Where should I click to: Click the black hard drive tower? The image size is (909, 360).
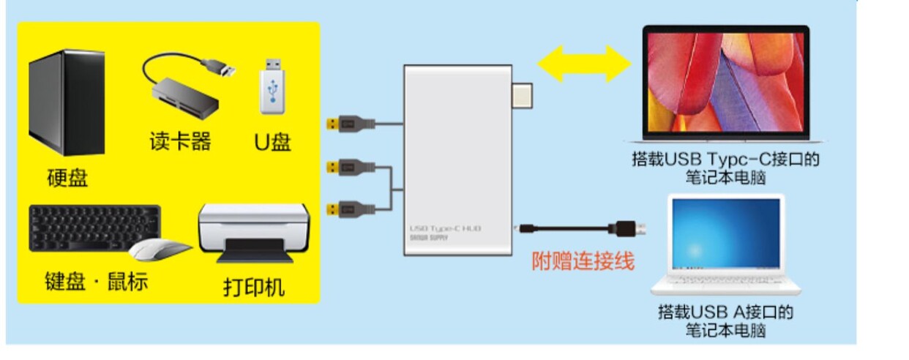[x=67, y=102]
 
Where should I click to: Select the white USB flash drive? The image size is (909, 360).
[x=273, y=86]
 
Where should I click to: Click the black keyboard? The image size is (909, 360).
[x=94, y=228]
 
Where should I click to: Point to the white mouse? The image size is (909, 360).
[x=160, y=249]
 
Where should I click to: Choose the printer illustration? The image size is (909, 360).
[x=255, y=233]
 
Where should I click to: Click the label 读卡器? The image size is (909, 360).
[x=181, y=141]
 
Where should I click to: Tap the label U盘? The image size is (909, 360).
[x=273, y=142]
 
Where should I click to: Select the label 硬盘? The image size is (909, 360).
[x=67, y=177]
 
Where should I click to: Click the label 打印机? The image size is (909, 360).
[x=254, y=288]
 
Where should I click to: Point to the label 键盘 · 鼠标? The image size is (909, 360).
[x=96, y=281]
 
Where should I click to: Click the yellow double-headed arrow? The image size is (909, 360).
[x=584, y=64]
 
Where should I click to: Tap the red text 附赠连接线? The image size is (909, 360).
[x=583, y=261]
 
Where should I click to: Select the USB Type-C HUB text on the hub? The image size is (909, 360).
[x=445, y=228]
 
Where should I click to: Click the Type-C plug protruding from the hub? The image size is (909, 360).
[x=523, y=95]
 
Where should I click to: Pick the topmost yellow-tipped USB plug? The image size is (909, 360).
[x=351, y=124]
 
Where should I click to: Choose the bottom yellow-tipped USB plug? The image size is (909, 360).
[x=351, y=209]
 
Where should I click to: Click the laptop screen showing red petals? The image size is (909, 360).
[x=725, y=82]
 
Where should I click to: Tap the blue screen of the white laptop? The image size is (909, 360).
[x=726, y=233]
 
